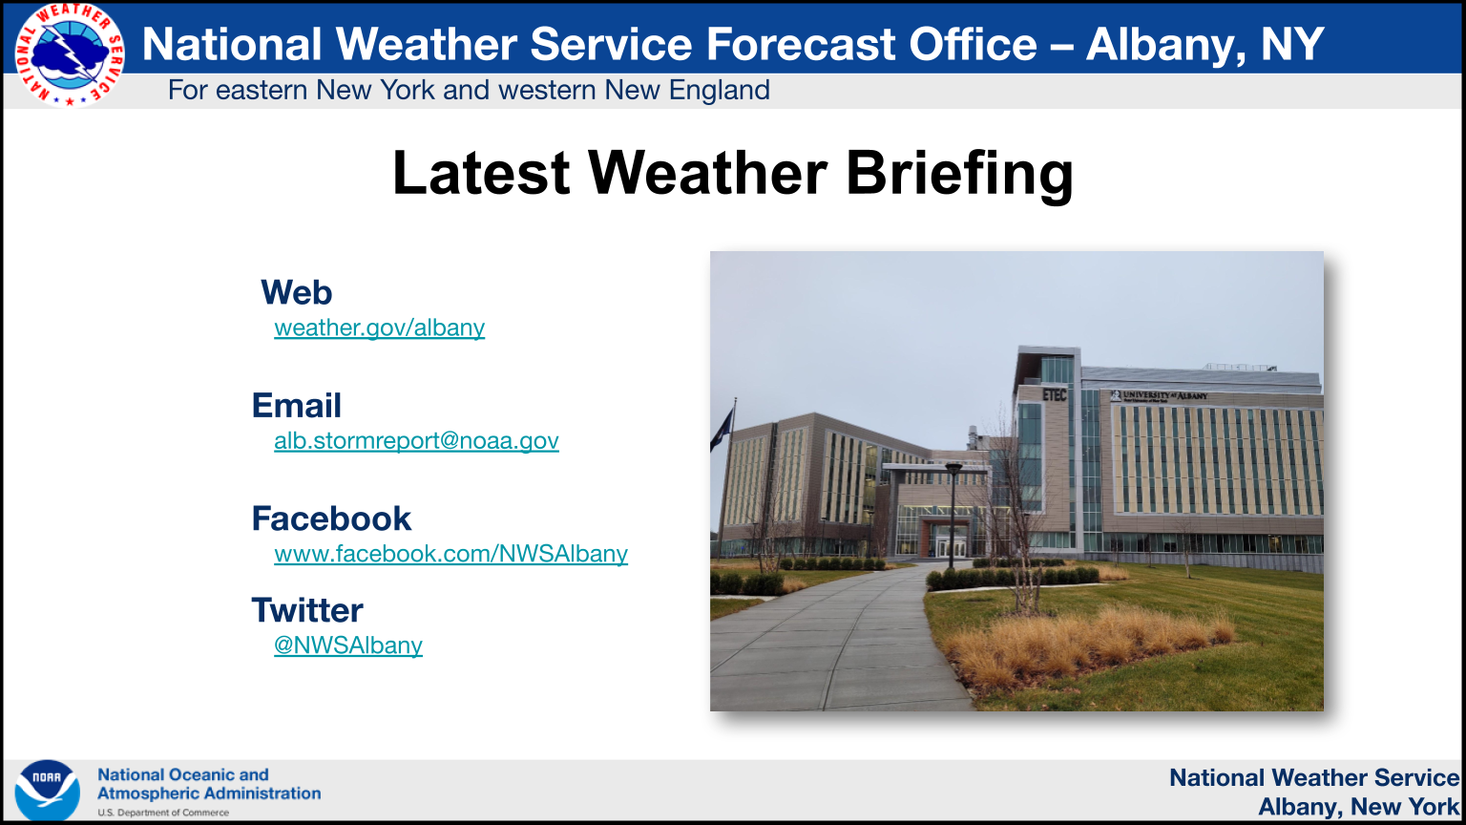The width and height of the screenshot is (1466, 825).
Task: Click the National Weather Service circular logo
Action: [70, 54]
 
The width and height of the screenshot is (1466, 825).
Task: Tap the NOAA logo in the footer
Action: [47, 791]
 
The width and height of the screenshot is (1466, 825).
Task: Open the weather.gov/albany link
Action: [380, 328]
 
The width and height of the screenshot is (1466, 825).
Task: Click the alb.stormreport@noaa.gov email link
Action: [416, 440]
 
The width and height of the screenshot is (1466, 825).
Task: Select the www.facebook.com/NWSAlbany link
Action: [450, 554]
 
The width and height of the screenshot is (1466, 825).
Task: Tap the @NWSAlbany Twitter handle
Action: [348, 645]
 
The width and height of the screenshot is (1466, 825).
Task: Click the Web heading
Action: [297, 292]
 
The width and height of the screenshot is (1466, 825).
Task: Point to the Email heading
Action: [297, 405]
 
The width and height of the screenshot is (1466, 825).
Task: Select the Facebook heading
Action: [331, 518]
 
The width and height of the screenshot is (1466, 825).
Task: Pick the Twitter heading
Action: [307, 610]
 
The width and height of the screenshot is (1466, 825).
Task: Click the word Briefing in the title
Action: [960, 174]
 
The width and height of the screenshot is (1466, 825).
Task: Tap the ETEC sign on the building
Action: [1055, 394]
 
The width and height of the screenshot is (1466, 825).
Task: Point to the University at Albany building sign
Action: [1159, 395]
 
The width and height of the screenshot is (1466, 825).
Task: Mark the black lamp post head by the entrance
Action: [954, 470]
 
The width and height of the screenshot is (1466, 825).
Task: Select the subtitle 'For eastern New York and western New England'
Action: [469, 91]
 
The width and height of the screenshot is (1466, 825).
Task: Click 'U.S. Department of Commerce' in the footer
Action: [163, 813]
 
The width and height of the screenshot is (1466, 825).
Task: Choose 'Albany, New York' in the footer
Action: [1359, 807]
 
